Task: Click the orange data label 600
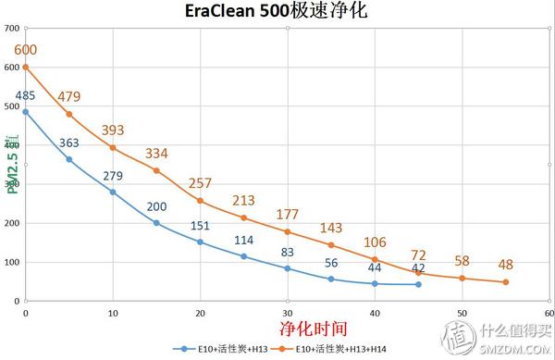(25, 49)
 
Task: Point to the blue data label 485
(25, 95)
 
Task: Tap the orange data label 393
(112, 130)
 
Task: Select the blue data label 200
(156, 205)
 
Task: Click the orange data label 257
(201, 182)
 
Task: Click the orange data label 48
(506, 264)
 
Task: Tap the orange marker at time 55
(506, 282)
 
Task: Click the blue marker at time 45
(418, 284)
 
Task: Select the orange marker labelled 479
(69, 114)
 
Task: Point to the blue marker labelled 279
(113, 192)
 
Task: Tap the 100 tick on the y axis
(11, 262)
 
